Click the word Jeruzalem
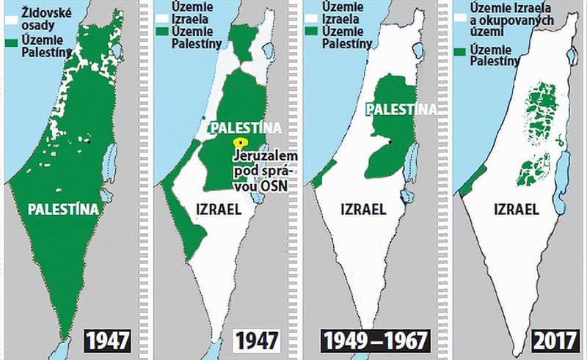coord(262,155)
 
